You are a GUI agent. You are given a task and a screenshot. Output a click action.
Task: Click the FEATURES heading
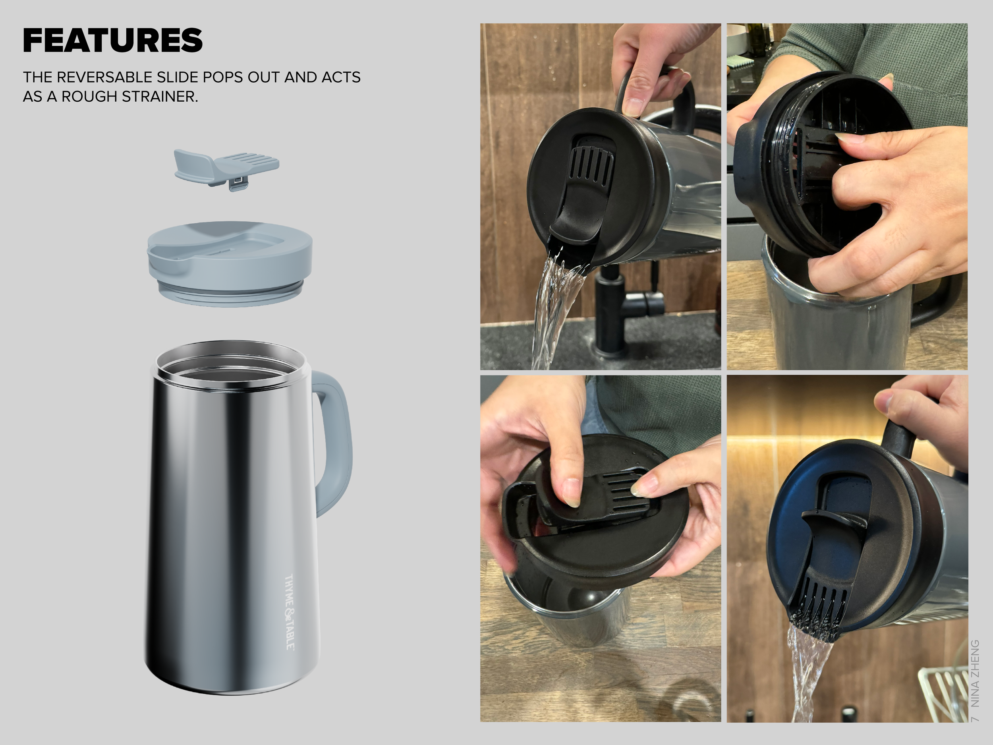[113, 41]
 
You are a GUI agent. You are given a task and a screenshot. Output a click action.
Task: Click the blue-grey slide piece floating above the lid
[226, 166]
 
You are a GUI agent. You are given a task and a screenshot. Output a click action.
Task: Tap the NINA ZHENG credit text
[974, 673]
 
